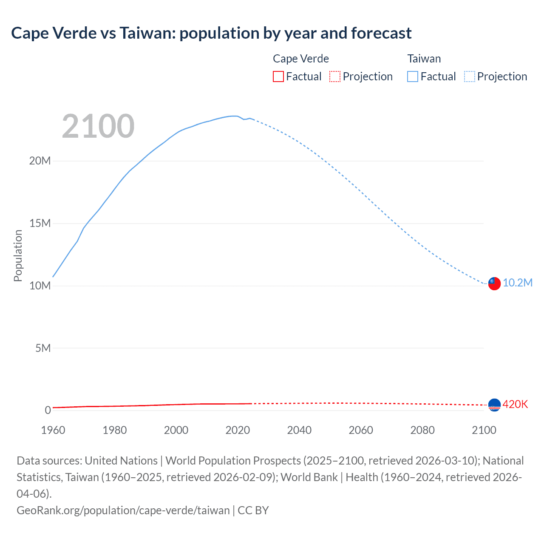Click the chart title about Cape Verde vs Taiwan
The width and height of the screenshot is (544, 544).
211,33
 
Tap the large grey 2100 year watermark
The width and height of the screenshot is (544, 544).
98,126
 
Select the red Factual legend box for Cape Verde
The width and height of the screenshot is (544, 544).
278,76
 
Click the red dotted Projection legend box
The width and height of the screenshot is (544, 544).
335,76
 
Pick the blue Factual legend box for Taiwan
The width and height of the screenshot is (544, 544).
412,76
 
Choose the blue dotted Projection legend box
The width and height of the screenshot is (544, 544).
470,76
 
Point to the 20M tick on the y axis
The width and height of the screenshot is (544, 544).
40,161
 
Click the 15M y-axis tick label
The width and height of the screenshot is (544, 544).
40,224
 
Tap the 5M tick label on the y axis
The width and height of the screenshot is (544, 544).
43,348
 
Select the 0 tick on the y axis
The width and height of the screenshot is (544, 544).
48,410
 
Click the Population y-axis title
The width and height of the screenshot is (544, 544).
18,255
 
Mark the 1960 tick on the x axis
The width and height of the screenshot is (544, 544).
53,430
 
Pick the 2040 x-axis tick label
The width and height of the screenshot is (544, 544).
299,430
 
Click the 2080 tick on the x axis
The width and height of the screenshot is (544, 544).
422,430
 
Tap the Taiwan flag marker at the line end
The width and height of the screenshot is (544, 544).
494,283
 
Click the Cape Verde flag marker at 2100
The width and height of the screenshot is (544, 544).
494,405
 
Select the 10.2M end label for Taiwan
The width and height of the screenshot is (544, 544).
518,283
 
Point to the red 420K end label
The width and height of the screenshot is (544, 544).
515,405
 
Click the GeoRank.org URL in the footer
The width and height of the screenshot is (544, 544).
123,510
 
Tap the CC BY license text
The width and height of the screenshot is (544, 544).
253,510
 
